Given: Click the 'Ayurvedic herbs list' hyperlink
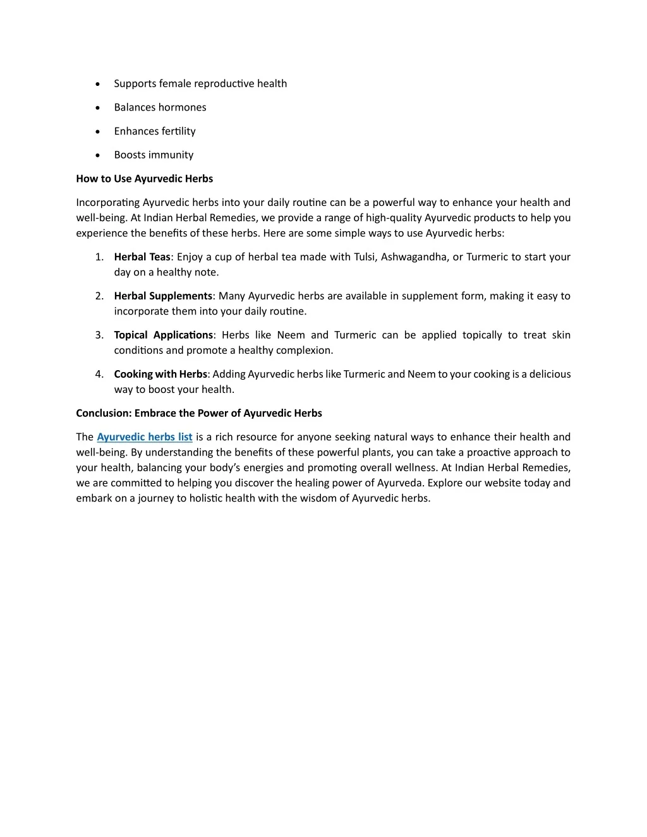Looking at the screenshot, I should coord(145,437).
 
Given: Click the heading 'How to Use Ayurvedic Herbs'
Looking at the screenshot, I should coord(145,179).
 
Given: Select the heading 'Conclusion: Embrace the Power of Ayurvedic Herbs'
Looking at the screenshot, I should coord(199,413).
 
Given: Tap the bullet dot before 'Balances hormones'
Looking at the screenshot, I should coord(97,108).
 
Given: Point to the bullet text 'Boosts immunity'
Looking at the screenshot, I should coord(154,155).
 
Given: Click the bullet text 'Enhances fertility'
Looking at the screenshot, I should coord(155,131).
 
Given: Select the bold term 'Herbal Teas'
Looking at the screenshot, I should coord(142,257).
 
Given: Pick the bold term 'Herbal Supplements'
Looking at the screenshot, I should coord(163,296).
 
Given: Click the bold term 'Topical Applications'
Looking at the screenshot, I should coord(164,335).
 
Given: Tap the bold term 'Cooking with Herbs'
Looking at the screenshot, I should coord(160,375).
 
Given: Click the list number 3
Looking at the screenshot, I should coord(99,335).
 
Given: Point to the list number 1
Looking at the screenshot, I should coord(99,257).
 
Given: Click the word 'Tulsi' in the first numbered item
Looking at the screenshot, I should coord(365,257).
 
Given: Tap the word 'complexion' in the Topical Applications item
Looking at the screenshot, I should coord(304,351).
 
